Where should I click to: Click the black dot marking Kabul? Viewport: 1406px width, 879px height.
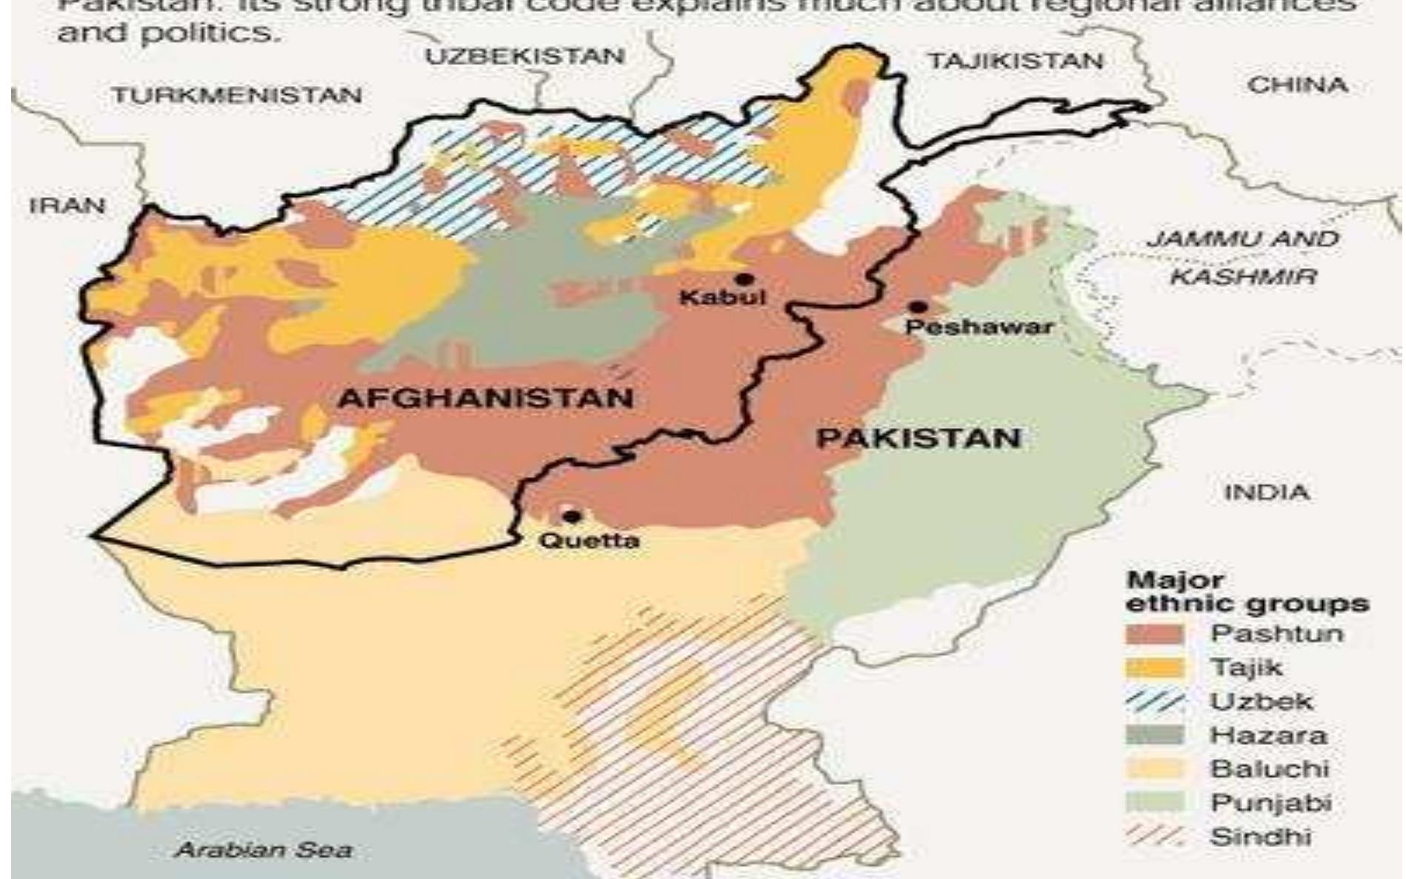pos(744,279)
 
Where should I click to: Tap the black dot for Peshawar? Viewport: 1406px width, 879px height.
pos(919,307)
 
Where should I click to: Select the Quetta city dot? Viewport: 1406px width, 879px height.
pos(570,516)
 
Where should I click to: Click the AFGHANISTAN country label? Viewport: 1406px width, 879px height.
pos(486,398)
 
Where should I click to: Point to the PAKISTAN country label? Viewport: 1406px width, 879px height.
pos(919,438)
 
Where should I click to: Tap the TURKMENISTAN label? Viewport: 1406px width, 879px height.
pos(237,96)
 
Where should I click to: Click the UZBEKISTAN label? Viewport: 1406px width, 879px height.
pos(525,56)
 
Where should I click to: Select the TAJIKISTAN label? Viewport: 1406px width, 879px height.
pos(1016,61)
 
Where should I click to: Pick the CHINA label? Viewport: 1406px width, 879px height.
pos(1297,85)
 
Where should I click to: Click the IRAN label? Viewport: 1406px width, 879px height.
pos(67,206)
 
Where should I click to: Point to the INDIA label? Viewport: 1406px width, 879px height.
pos(1267,492)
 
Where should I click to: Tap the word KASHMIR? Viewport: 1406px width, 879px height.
pos(1244,278)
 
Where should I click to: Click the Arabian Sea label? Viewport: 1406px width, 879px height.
pos(263,850)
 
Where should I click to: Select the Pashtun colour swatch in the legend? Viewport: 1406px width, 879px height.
pos(1155,635)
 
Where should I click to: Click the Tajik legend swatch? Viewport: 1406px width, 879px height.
pos(1155,669)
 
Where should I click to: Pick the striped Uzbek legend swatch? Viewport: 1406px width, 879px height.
pos(1155,702)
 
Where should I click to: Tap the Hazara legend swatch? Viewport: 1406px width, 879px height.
pos(1155,735)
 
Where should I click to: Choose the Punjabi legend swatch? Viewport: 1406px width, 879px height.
pos(1155,803)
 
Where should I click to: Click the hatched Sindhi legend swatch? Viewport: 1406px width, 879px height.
pos(1155,837)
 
